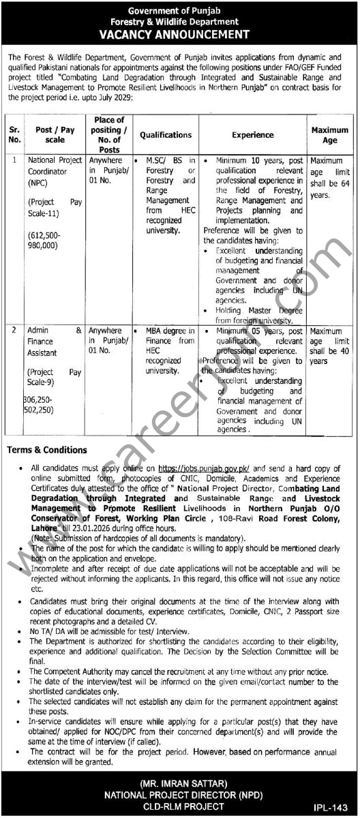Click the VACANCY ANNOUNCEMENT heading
[180, 33]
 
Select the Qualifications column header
[166, 135]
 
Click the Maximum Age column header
[330, 135]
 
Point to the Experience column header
[252, 135]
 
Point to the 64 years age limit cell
[330, 178]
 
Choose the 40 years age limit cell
[330, 346]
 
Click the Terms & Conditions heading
[47, 450]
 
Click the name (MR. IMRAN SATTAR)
[180, 781]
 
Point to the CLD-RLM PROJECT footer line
[180, 806]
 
